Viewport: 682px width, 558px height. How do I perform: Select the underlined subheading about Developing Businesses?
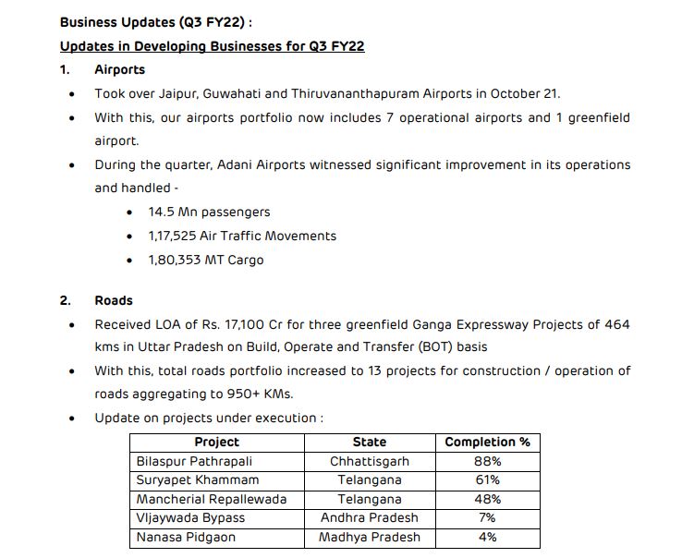click(x=212, y=45)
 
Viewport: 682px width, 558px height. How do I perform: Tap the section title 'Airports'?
click(x=119, y=69)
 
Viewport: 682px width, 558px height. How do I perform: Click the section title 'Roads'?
click(x=114, y=300)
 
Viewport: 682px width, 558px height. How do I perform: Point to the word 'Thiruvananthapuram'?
click(x=350, y=93)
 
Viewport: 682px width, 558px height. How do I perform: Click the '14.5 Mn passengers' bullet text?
click(x=209, y=212)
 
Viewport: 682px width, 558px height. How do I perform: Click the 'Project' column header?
click(x=217, y=442)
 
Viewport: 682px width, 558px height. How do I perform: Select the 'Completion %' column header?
click(x=487, y=442)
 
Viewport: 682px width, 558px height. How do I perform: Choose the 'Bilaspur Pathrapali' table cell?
click(x=194, y=461)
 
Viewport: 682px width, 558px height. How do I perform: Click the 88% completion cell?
click(x=487, y=461)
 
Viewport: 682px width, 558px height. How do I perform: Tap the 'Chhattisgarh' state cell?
click(x=369, y=461)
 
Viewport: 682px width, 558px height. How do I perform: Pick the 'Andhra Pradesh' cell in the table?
click(x=369, y=517)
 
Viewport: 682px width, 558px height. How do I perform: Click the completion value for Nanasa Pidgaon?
click(x=487, y=537)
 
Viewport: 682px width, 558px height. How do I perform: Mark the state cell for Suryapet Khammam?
click(x=369, y=479)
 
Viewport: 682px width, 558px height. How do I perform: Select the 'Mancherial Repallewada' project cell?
click(x=212, y=499)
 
